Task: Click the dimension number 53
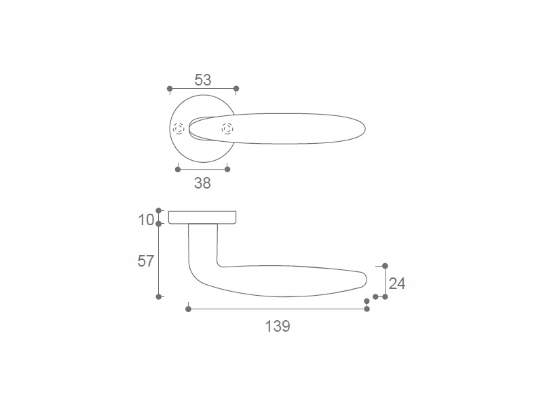coord(202,80)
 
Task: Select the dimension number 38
coord(202,183)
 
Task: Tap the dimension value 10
coord(146,220)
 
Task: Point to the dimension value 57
coord(145,261)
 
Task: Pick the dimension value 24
coord(397,284)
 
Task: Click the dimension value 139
coord(278,326)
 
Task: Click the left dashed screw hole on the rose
coord(179,129)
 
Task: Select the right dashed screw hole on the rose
coord(227,129)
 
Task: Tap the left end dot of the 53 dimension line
coord(170,89)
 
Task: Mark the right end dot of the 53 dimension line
coord(236,89)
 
